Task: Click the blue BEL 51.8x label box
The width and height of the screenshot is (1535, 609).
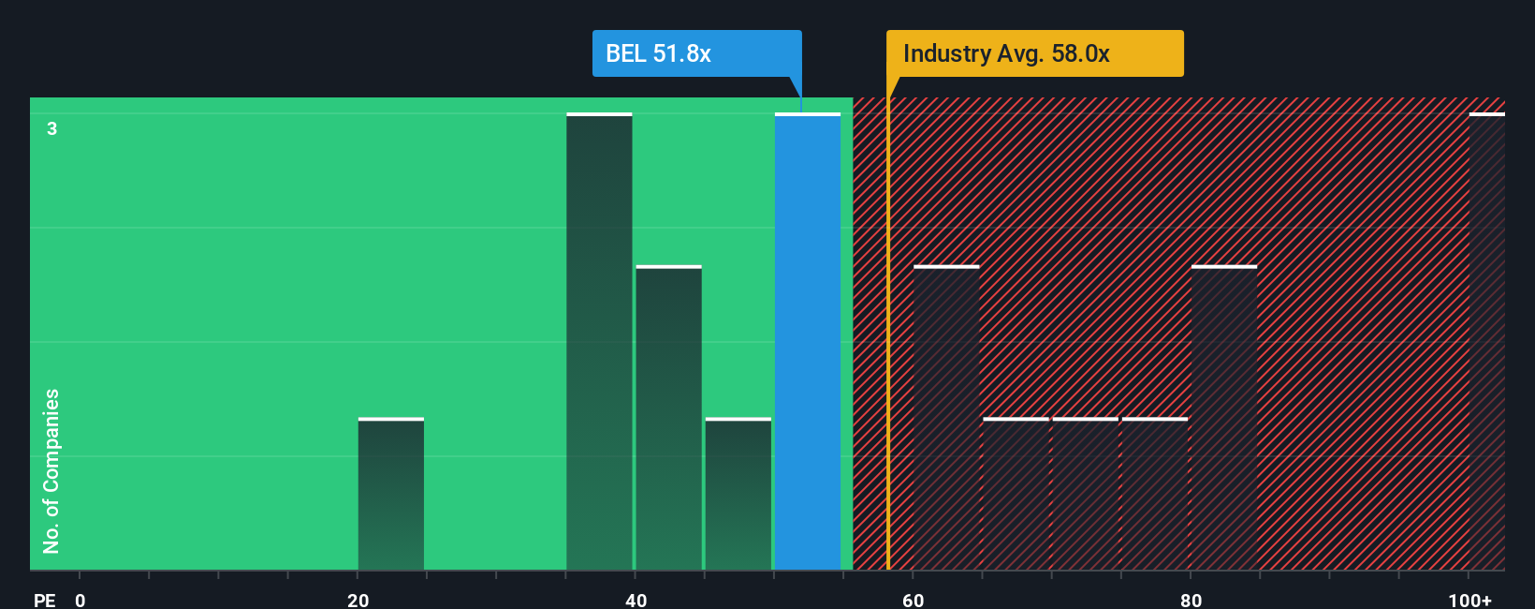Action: click(x=696, y=53)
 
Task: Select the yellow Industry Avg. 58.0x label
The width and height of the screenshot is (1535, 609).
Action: click(x=1034, y=53)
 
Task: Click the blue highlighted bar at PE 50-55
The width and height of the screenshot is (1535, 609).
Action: click(x=807, y=342)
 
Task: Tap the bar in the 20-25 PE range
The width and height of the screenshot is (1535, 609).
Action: click(x=391, y=494)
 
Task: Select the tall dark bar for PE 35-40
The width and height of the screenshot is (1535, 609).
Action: click(x=599, y=342)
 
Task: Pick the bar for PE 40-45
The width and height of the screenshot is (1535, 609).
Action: click(x=668, y=418)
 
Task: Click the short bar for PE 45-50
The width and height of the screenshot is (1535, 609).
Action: click(x=738, y=494)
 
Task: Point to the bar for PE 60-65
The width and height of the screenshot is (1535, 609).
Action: click(x=946, y=418)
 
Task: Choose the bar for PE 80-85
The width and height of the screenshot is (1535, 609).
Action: click(x=1224, y=418)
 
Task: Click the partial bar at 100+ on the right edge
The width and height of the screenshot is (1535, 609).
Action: click(x=1486, y=342)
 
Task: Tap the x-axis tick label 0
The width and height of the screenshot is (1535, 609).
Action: click(x=80, y=600)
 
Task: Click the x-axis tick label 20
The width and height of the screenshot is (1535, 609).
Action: click(x=358, y=600)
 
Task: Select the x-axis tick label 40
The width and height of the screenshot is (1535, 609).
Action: click(x=636, y=600)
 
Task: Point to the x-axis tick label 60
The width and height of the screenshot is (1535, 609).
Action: click(x=914, y=600)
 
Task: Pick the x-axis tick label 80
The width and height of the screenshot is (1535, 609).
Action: click(x=1191, y=600)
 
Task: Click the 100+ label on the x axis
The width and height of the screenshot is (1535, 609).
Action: click(x=1469, y=600)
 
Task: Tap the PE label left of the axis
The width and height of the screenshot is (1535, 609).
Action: click(x=44, y=600)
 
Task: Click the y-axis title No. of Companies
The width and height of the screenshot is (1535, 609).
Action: click(x=51, y=470)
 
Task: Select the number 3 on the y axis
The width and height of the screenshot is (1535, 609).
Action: click(x=52, y=128)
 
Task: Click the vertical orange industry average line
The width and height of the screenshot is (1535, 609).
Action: click(x=887, y=375)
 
